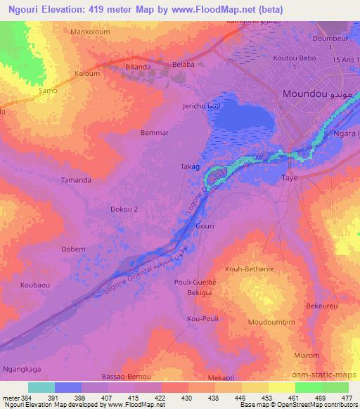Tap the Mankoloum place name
[91, 32]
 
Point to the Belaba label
[184, 64]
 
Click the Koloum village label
[86, 73]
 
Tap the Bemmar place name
[155, 132]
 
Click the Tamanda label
[76, 180]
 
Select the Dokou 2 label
[125, 209]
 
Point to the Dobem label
[73, 249]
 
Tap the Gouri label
[205, 226]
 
